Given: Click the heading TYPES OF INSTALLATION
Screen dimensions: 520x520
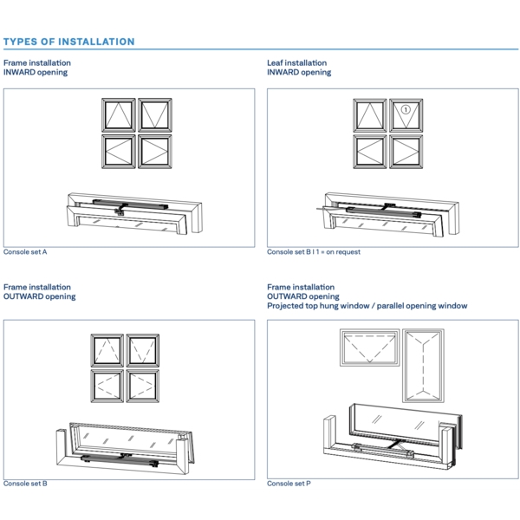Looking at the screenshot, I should (69, 42).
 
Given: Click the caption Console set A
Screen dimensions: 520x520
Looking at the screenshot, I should (26, 252).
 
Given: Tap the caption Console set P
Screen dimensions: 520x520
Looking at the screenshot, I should (289, 484).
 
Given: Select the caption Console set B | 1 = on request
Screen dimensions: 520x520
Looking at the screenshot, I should (314, 252).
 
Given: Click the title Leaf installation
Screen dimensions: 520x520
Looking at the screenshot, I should (297, 63).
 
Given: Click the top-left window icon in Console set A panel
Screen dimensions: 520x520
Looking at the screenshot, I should (118, 115).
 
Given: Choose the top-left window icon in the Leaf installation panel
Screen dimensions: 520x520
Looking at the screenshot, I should (370, 115).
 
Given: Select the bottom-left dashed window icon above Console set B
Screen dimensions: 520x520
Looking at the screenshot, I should (107, 385).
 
